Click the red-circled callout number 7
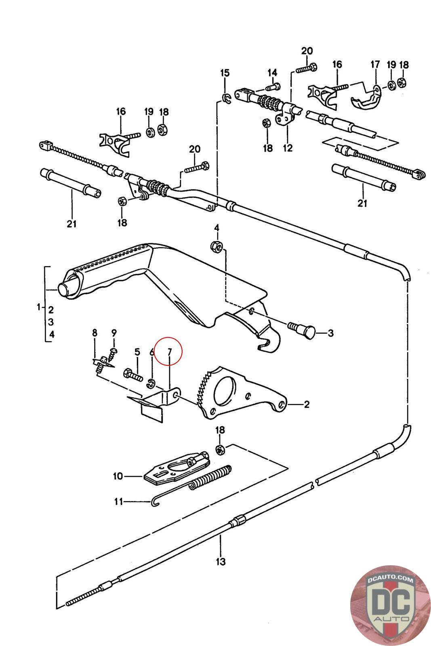pyautogui.click(x=170, y=352)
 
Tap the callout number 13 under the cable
pyautogui.click(x=221, y=561)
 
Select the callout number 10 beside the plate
pyautogui.click(x=118, y=476)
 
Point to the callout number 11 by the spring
pyautogui.click(x=118, y=502)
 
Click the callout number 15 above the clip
pyautogui.click(x=225, y=73)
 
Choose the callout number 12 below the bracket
pyautogui.click(x=287, y=148)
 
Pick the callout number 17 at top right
pyautogui.click(x=375, y=64)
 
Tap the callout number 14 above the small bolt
pyautogui.click(x=272, y=73)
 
